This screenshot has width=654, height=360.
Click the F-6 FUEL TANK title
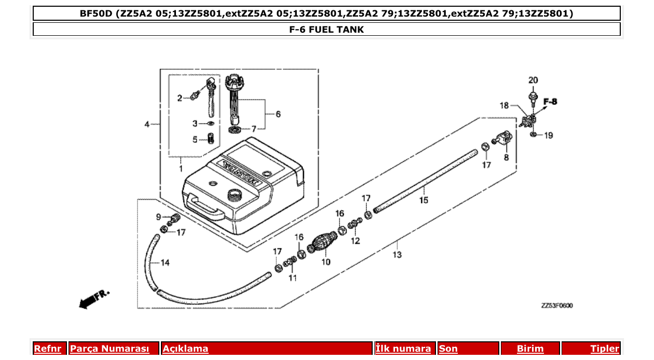point(326,30)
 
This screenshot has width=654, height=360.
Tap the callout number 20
point(533,80)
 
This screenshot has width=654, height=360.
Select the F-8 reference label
point(550,102)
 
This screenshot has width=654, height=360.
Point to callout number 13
point(397,255)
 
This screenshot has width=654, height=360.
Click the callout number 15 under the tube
point(424,200)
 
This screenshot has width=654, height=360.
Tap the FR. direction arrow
point(94,298)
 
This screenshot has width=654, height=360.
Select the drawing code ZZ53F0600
point(557,306)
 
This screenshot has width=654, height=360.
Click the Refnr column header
point(47,349)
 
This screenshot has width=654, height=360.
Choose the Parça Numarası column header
point(110,349)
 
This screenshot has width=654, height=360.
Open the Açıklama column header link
point(185,349)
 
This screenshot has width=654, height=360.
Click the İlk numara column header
point(403,349)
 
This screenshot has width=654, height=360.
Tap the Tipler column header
point(604,349)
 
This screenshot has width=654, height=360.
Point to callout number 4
point(147,124)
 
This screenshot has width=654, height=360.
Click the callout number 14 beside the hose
point(165,263)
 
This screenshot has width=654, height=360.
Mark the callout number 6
point(278,114)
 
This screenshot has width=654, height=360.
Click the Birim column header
point(530,349)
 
